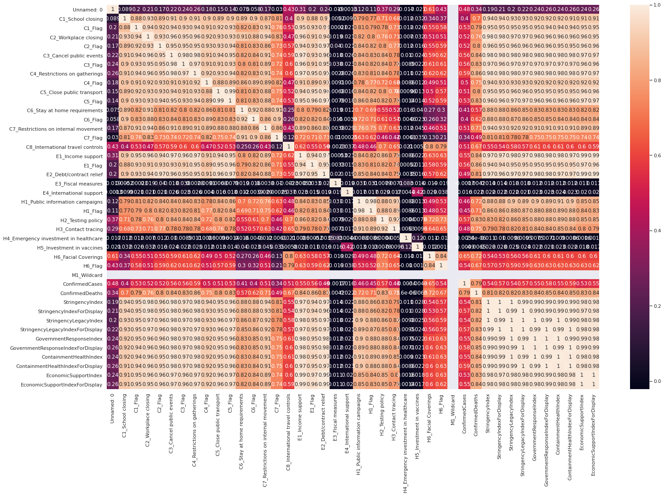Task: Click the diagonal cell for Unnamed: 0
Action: pos(113,9)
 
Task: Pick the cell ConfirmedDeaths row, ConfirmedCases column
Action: pos(464,293)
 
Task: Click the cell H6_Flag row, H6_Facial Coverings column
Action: pos(429,266)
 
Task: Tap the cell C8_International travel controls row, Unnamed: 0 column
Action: pos(113,147)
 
